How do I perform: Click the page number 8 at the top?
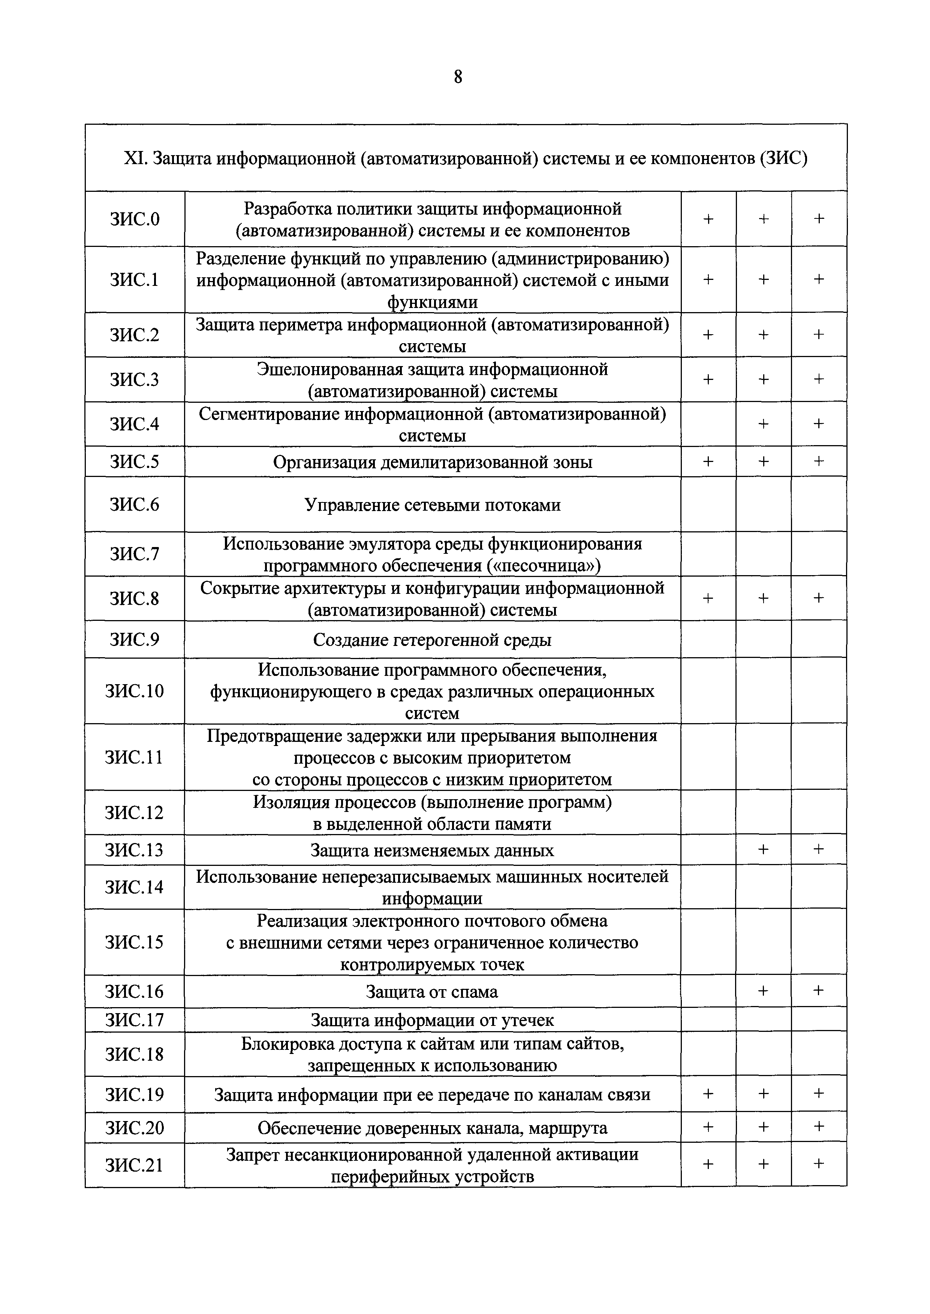pyautogui.click(x=458, y=77)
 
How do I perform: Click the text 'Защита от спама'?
pyautogui.click(x=432, y=992)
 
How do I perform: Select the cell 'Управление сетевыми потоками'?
pyautogui.click(x=432, y=505)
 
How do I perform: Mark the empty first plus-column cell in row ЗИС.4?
pyautogui.click(x=708, y=424)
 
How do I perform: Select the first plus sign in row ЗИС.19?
pyautogui.click(x=708, y=1094)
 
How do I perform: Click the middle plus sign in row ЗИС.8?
pyautogui.click(x=763, y=598)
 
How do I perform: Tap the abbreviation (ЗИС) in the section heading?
pyautogui.click(x=783, y=158)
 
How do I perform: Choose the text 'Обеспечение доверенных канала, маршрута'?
pyautogui.click(x=432, y=1128)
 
